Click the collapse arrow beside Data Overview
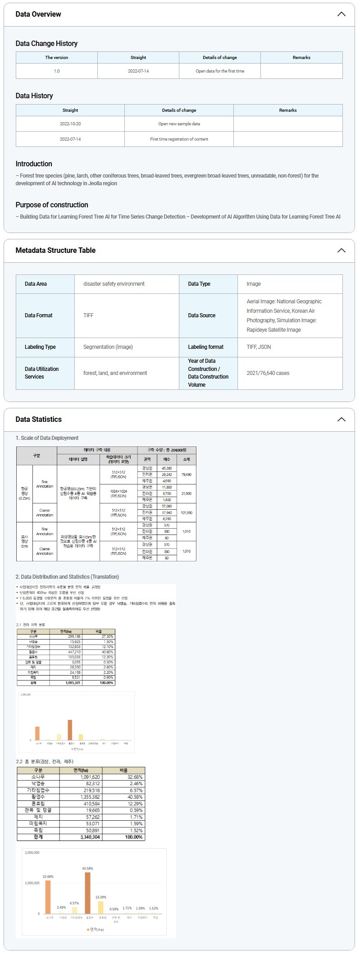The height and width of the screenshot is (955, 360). click(x=341, y=14)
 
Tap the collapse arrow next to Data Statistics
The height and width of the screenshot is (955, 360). click(x=341, y=419)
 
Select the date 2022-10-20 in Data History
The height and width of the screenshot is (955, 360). click(x=70, y=124)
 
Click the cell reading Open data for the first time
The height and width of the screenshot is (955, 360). click(x=220, y=71)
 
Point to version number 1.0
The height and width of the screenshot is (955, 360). click(x=57, y=71)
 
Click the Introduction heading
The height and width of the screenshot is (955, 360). click(x=34, y=164)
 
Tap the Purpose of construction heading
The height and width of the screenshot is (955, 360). click(x=52, y=205)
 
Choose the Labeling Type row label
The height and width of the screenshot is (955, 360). click(x=40, y=347)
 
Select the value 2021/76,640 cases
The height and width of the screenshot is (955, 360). click(x=268, y=373)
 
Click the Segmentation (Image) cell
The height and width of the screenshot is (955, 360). click(x=108, y=347)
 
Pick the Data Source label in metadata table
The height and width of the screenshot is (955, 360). click(x=201, y=315)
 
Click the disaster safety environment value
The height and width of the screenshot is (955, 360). click(x=114, y=284)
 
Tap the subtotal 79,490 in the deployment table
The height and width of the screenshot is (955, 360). click(x=186, y=475)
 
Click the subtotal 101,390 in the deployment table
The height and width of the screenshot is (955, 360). click(x=186, y=512)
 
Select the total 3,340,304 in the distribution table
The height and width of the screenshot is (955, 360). click(x=90, y=837)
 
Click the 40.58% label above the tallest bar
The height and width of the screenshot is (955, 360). click(x=87, y=868)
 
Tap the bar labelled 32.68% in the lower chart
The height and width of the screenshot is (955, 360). click(x=48, y=896)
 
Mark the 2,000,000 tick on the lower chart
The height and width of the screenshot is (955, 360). click(x=32, y=853)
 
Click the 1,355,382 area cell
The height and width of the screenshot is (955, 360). click(x=90, y=797)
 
